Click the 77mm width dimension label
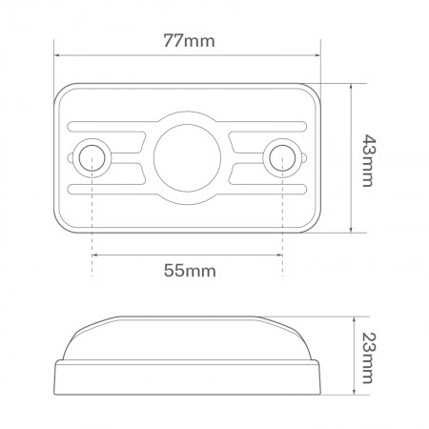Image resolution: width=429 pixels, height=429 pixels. point(188,41)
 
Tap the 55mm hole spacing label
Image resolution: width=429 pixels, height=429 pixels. point(189,270)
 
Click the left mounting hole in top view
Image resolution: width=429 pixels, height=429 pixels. point(92,156)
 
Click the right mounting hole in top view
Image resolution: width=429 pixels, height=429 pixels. point(283,156)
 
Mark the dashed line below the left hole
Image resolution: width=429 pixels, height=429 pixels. point(92,229)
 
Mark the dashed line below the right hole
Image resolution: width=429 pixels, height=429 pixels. point(283,229)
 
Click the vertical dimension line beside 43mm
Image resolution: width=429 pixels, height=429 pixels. point(354,158)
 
